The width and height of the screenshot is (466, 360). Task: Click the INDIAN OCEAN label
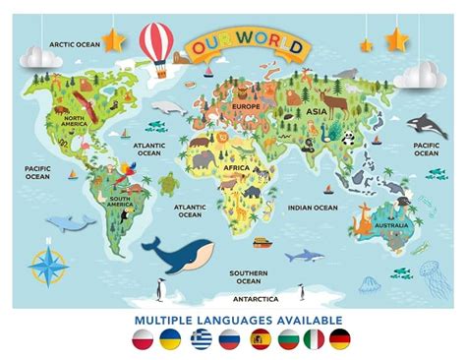[x=312, y=208]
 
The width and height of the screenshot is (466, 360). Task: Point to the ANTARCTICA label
[x=255, y=298]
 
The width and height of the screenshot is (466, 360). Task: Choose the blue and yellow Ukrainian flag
[x=172, y=340]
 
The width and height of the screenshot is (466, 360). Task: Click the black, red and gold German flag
[x=340, y=340]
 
